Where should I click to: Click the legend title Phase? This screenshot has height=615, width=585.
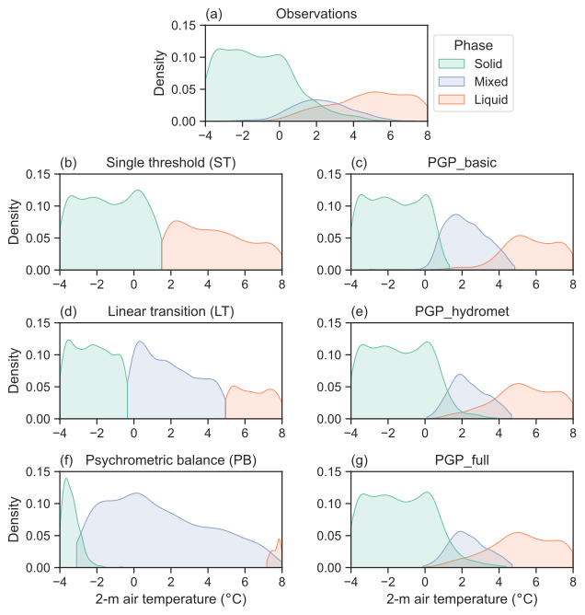tap(474, 44)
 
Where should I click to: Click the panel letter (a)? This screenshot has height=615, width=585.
tap(214, 15)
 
